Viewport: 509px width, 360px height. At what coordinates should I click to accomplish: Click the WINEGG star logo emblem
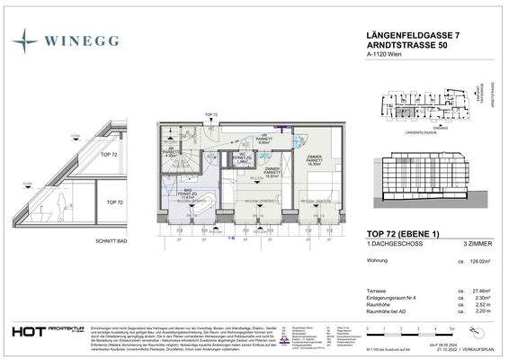[29, 40]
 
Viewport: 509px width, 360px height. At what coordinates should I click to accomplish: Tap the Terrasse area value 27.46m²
[487, 292]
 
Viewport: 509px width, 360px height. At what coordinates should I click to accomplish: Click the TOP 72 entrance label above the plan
[210, 115]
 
